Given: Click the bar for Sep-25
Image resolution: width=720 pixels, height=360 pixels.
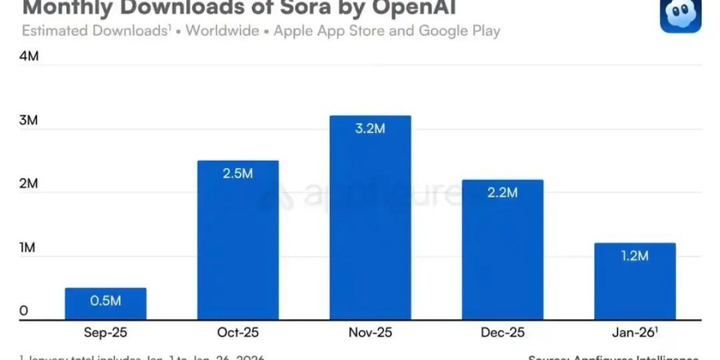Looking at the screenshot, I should coord(106,309).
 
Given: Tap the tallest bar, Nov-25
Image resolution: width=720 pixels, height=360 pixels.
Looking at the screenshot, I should coord(370,228).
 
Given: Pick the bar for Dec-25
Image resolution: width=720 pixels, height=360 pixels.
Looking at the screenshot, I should coord(502,258).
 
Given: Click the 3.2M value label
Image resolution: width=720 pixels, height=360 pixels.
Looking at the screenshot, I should coord(370,128).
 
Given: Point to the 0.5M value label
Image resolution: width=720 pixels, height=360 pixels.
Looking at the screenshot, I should coord(106,301).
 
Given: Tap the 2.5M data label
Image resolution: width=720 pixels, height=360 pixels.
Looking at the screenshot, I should coord(238,173).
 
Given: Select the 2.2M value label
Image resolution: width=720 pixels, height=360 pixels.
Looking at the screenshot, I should coord(502,193).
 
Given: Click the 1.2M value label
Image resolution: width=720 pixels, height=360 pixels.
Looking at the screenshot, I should coord(635,256).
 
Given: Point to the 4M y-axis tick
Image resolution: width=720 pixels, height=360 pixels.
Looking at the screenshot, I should coord(29,56).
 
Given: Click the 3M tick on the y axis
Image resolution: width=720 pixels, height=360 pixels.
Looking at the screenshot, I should coord(28,120).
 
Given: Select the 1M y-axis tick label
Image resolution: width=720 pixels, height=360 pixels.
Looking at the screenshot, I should coord(28,247).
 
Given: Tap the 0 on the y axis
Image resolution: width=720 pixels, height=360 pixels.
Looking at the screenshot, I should coord(23,311).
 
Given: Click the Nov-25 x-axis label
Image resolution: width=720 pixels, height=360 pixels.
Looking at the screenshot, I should coord(370,332).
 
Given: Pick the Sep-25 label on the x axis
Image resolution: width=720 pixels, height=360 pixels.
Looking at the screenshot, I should coord(106,332).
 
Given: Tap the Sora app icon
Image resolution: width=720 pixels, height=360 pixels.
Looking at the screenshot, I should coord(680,14).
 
